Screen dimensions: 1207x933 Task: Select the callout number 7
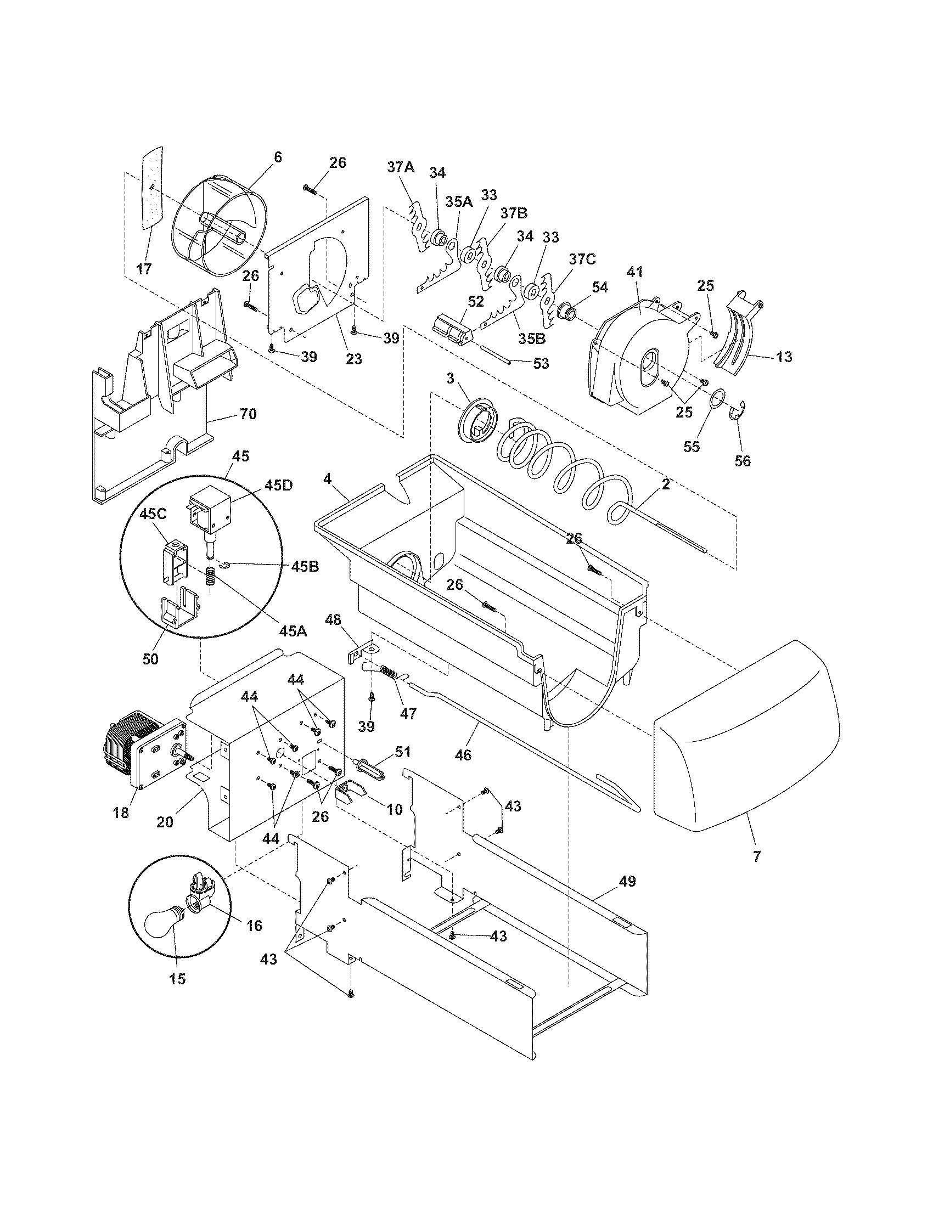point(757,856)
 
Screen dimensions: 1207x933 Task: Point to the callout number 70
point(248,413)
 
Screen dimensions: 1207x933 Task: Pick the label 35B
point(533,338)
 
